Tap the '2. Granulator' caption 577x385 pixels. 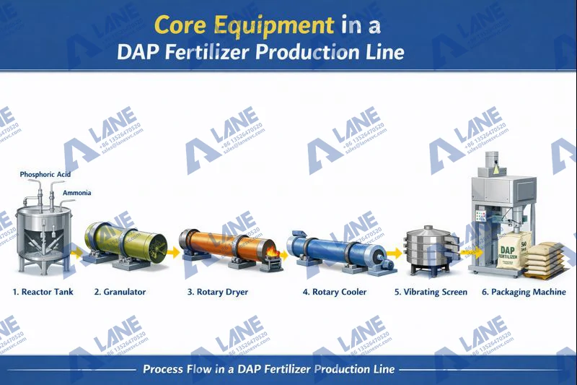pyautogui.click(x=120, y=292)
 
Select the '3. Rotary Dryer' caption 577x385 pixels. pyautogui.click(x=218, y=292)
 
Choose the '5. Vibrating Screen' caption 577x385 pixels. pyautogui.click(x=431, y=292)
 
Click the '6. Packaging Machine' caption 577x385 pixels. pyautogui.click(x=524, y=292)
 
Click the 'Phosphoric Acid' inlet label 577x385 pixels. pyautogui.click(x=45, y=175)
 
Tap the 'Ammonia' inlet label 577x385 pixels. pyautogui.click(x=76, y=193)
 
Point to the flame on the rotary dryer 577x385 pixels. pyautogui.click(x=272, y=253)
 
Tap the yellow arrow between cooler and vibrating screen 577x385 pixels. pyautogui.click(x=393, y=253)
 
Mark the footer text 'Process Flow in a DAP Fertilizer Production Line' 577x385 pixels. pyautogui.click(x=268, y=368)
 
